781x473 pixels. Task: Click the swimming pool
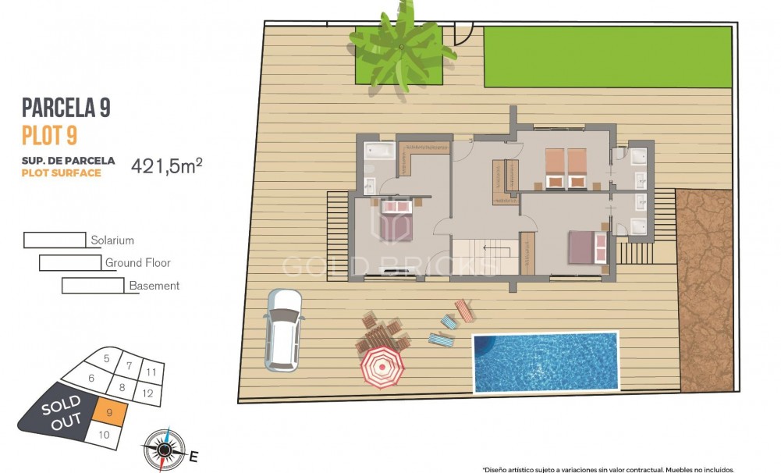[x=545, y=362]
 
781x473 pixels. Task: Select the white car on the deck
[x=283, y=329]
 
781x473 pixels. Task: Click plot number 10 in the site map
[x=105, y=435]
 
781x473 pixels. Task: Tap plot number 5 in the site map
[x=106, y=359]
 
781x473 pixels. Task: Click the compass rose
[x=164, y=450]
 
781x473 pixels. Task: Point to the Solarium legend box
[x=55, y=240]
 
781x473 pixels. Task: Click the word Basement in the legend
[x=154, y=286]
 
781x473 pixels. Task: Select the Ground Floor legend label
[x=137, y=263]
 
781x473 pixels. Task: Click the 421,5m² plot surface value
[x=167, y=165]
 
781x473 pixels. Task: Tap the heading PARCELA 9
[x=66, y=108]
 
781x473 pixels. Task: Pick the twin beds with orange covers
[x=565, y=168]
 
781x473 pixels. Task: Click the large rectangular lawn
[x=608, y=56]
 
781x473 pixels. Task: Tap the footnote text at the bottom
[x=608, y=470]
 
